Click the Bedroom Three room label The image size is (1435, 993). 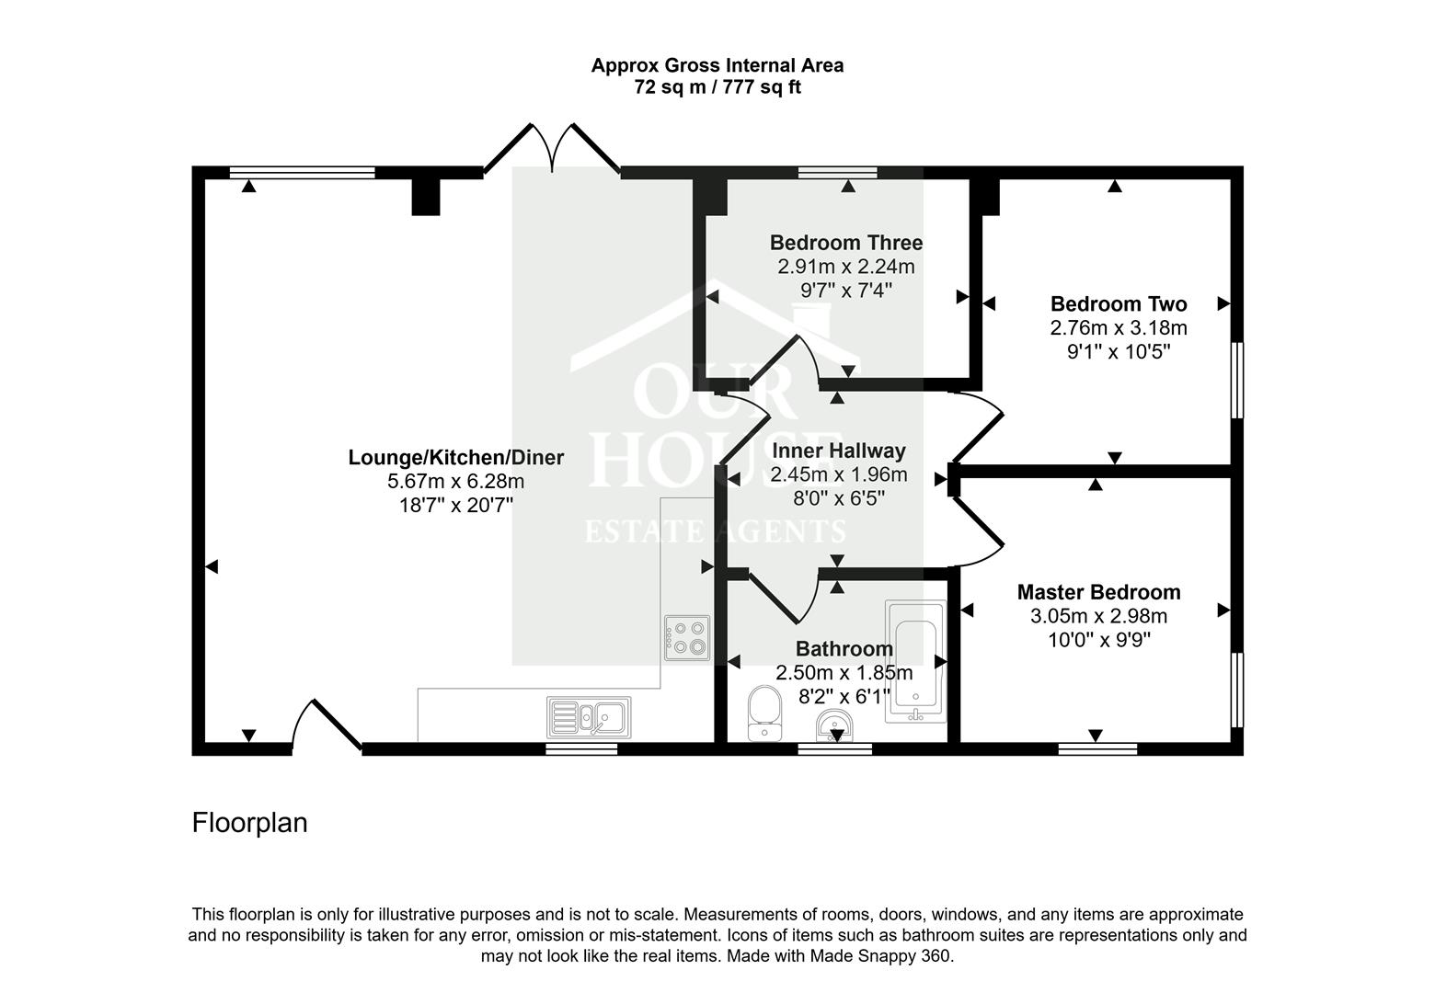pos(845,243)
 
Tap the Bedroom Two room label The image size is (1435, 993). pos(1118,303)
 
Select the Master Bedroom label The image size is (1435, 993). pos(1098,592)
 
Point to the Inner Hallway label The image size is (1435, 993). pos(838,451)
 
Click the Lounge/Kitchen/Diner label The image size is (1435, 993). pos(455,457)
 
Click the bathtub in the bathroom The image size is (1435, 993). pos(915,662)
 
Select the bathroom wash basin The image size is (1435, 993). pos(834,727)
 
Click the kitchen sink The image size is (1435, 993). pos(589,717)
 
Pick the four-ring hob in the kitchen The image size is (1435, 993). pos(687,637)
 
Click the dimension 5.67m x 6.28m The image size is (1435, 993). pos(455,481)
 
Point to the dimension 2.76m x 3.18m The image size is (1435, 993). pos(1118,328)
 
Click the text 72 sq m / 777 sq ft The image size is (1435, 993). pos(717,88)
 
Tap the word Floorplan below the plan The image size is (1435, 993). pos(249,822)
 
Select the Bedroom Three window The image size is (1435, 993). pos(837,172)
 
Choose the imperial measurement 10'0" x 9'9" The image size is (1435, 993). pos(1098,640)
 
